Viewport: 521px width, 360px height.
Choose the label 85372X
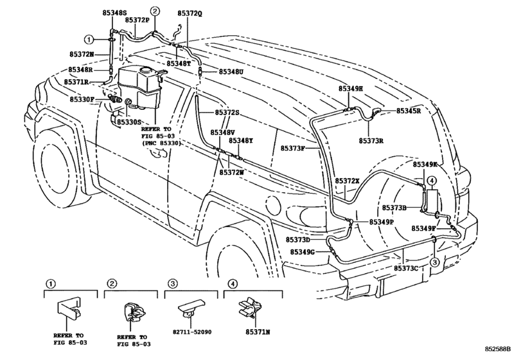(348, 181)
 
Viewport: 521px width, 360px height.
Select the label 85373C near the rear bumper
(407, 267)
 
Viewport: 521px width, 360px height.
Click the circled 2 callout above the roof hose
(154, 10)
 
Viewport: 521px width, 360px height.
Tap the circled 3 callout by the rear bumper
(434, 262)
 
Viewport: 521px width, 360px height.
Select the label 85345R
(409, 111)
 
